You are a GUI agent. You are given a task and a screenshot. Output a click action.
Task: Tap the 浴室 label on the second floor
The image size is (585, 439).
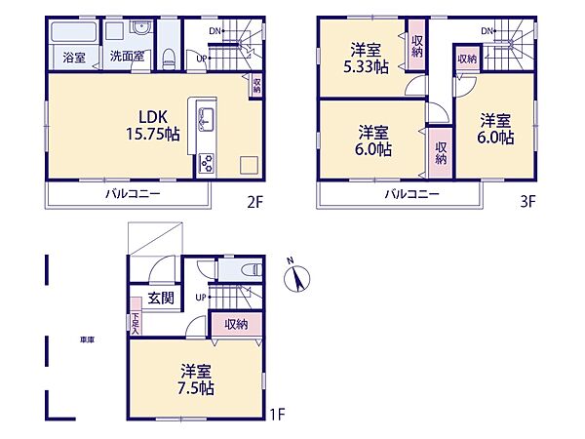click(x=74, y=58)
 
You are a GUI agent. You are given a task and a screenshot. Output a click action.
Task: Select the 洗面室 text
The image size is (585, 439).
click(x=127, y=57)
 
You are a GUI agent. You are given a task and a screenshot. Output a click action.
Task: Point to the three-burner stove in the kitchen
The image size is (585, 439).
click(x=206, y=162)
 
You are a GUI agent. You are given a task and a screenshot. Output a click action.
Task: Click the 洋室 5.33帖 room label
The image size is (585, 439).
click(x=370, y=58)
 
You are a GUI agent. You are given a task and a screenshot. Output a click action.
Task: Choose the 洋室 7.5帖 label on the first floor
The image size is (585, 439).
click(x=196, y=379)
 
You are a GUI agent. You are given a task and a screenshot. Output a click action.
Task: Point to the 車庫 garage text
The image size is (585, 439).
click(x=88, y=339)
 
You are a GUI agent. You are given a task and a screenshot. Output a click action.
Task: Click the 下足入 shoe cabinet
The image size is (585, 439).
click(x=135, y=322)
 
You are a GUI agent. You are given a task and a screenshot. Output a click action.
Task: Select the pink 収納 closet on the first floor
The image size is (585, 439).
click(x=235, y=324)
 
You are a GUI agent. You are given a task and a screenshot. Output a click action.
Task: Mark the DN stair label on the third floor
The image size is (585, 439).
click(x=487, y=32)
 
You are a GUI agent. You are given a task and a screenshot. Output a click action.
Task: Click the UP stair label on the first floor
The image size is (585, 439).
click(x=201, y=297)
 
